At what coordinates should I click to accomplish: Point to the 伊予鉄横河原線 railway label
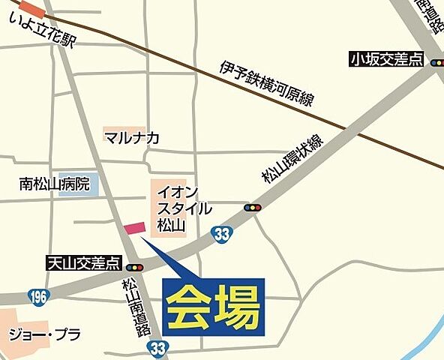pyautogui.click(x=267, y=84)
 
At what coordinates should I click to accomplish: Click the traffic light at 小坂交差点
pyautogui.click(x=437, y=64)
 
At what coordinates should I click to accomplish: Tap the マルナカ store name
pyautogui.click(x=133, y=137)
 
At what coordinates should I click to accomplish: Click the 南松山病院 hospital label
pyautogui.click(x=55, y=183)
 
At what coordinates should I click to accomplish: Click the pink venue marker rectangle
pyautogui.click(x=135, y=227)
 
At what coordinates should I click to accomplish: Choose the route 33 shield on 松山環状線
pyautogui.click(x=220, y=233)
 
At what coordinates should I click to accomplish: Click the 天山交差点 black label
pyautogui.click(x=82, y=262)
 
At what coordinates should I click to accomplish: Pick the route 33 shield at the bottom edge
pyautogui.click(x=157, y=349)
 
